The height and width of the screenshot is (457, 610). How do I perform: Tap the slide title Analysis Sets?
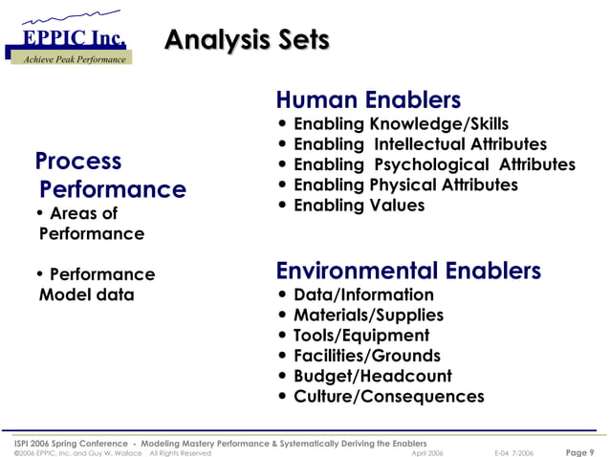[247, 39]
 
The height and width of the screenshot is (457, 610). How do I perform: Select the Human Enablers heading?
[368, 99]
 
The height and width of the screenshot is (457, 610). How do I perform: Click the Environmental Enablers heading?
[408, 271]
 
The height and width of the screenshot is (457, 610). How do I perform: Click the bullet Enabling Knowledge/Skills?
[400, 124]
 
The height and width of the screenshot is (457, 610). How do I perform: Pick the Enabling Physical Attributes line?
[404, 185]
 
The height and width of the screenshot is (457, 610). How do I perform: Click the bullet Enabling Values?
[359, 206]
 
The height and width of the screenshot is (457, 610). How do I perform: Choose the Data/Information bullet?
[362, 294]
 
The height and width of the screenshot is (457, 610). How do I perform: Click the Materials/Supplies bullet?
[368, 315]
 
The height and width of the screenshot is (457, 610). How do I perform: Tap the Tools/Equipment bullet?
[360, 336]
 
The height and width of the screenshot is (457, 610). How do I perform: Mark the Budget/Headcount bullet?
[372, 376]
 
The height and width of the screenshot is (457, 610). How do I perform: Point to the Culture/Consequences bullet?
[388, 396]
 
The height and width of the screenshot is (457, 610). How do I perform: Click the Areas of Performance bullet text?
[91, 224]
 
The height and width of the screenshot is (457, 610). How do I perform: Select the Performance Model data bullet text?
[95, 285]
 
